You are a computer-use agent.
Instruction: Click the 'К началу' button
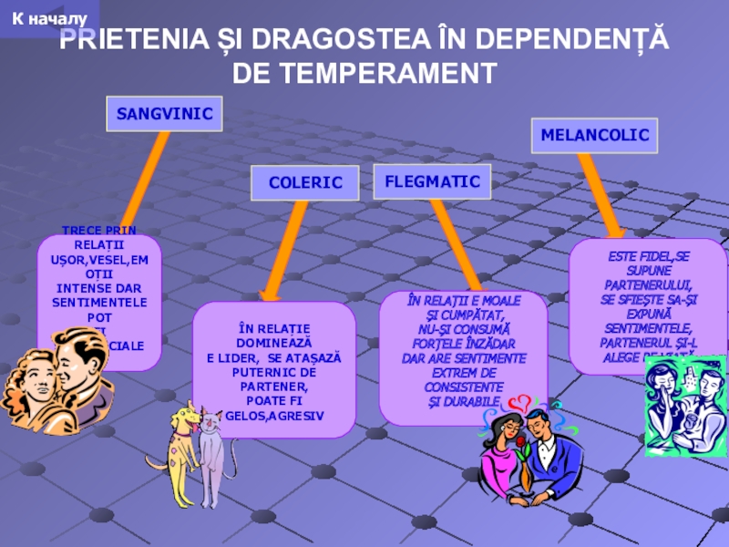tap(45, 18)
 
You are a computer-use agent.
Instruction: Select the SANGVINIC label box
tap(165, 114)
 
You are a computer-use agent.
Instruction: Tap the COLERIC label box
tap(305, 183)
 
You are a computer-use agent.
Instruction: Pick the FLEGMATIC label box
tap(432, 181)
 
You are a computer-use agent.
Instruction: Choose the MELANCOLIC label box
tap(594, 135)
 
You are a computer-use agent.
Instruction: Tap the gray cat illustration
tap(213, 456)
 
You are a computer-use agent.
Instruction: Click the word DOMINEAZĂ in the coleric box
tap(274, 343)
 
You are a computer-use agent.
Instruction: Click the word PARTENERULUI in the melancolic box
tap(648, 284)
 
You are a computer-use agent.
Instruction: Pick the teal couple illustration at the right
tap(684, 406)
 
